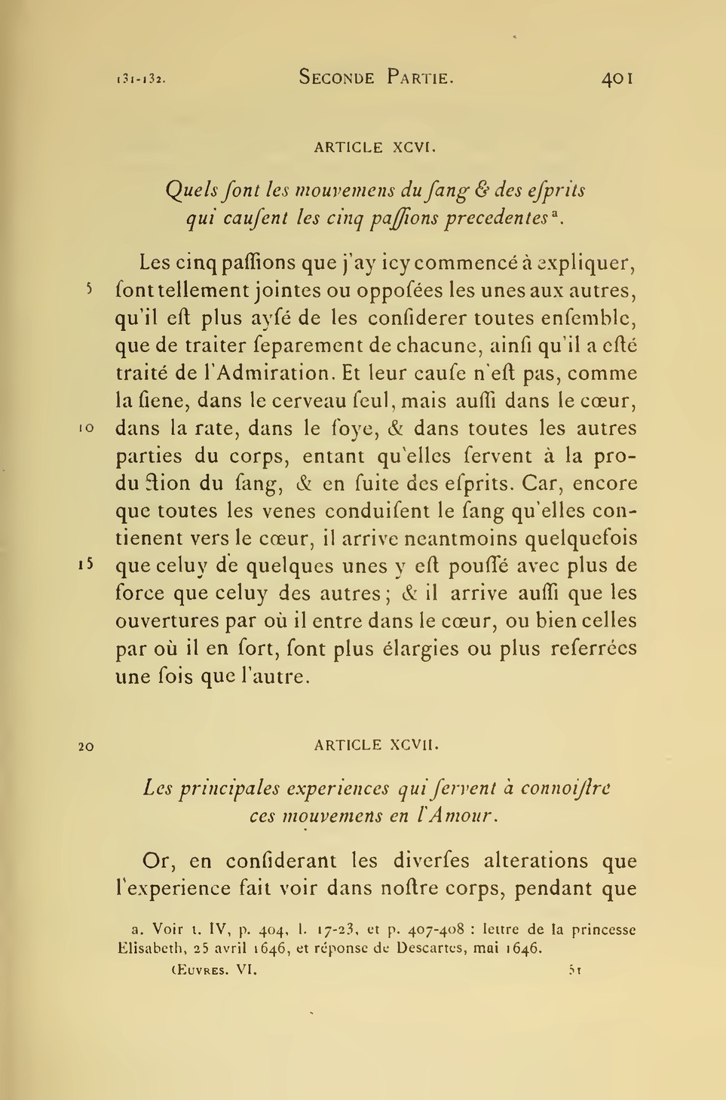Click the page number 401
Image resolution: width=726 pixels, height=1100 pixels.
(x=617, y=78)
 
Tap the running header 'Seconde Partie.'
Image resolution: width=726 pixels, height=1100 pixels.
(x=376, y=77)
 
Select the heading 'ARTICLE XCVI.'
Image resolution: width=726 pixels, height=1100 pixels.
(x=375, y=148)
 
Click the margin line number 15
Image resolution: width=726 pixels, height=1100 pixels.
(x=86, y=565)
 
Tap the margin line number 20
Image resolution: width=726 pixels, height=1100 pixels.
(x=86, y=746)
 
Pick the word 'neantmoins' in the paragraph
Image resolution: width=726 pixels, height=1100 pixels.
(x=454, y=538)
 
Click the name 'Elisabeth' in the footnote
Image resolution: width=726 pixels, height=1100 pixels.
(x=147, y=948)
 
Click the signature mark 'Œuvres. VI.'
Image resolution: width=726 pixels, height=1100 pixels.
(x=215, y=971)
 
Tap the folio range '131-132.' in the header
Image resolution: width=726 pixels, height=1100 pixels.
(x=141, y=78)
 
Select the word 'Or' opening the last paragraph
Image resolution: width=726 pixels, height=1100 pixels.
(x=155, y=860)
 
